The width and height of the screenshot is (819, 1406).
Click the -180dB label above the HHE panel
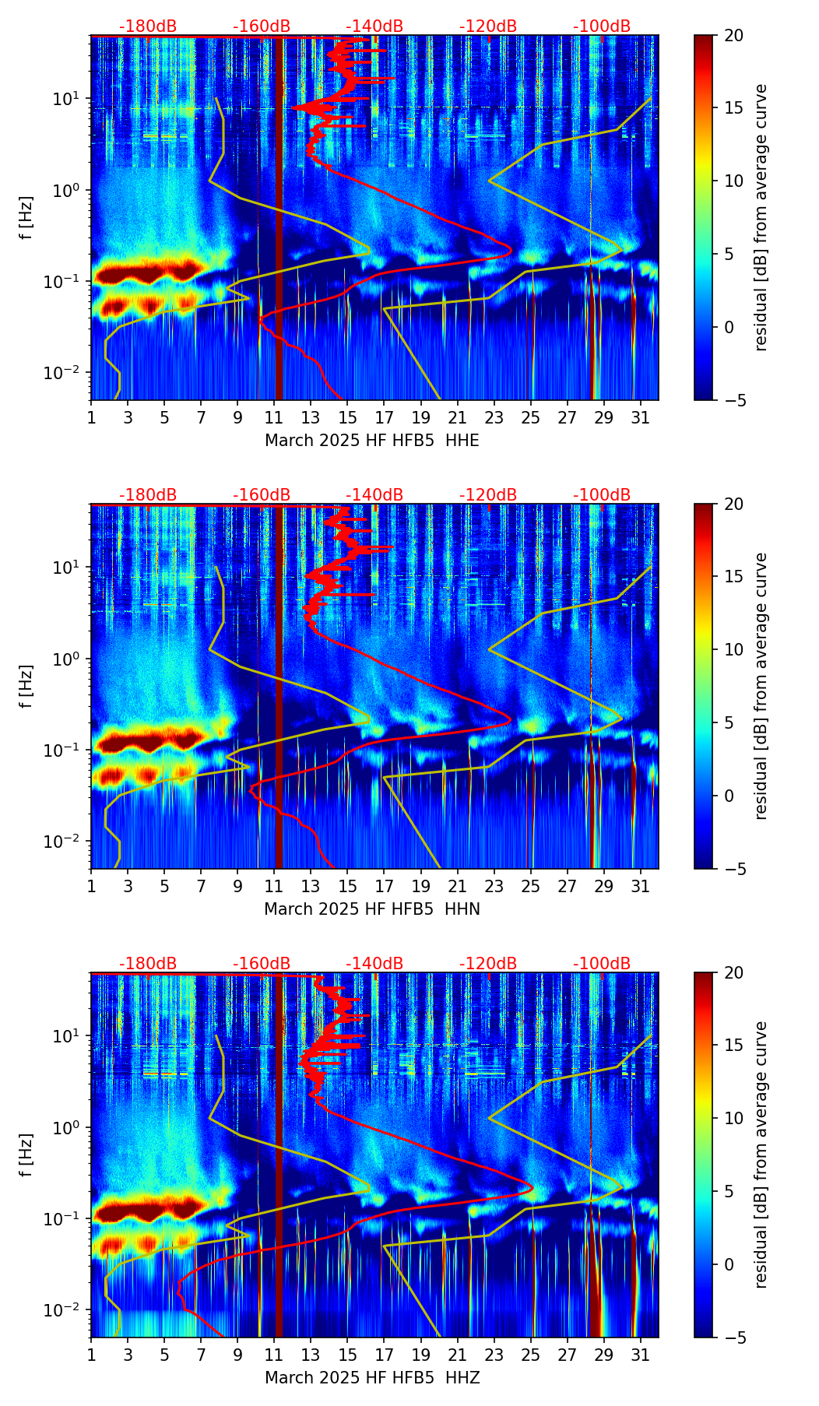pos(148,26)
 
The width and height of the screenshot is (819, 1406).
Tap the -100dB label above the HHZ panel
pos(602,964)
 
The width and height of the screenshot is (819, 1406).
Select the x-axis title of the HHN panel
pos(372,909)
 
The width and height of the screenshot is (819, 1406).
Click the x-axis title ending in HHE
pos(372,440)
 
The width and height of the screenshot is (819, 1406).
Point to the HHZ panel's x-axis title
pos(372,1377)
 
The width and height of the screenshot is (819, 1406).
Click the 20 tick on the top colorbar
pos(733,35)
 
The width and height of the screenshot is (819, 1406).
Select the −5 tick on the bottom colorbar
pos(733,1337)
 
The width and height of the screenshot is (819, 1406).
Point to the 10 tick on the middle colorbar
pos(733,649)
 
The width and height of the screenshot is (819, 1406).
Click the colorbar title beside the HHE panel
pos(761,217)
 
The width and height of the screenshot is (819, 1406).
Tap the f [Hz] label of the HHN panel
pos(26,686)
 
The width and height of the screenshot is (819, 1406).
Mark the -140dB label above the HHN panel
pos(374,495)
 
